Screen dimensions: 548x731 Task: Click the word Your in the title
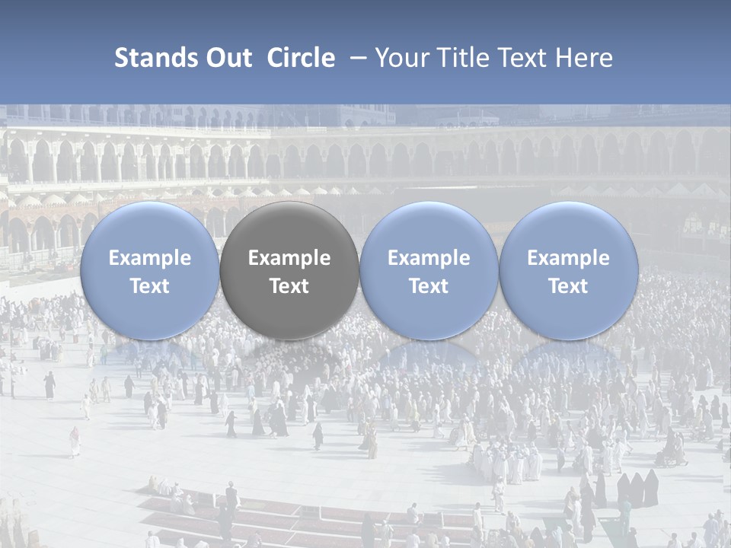(x=401, y=59)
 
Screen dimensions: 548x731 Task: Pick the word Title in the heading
(x=459, y=59)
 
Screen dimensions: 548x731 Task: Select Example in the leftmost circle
(x=149, y=258)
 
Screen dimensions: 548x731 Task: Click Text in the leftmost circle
(x=149, y=286)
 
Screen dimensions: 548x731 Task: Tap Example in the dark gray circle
(x=289, y=258)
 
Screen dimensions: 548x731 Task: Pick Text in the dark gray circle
(x=289, y=286)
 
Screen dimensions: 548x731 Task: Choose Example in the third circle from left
(x=429, y=258)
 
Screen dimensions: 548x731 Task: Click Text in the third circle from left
(x=429, y=286)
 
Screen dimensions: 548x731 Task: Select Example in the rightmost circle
(x=568, y=258)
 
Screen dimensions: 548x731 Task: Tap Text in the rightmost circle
(x=568, y=286)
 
